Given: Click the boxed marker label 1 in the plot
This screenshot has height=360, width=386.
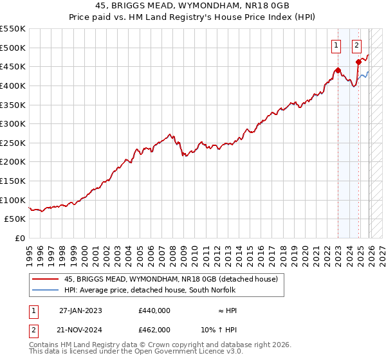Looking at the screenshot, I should tap(336, 45).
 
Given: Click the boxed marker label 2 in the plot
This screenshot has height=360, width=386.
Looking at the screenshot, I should tap(356, 45).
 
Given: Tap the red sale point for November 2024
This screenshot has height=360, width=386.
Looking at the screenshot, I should tap(358, 62).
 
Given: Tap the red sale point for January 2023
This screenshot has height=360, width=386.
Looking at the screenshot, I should tap(338, 71).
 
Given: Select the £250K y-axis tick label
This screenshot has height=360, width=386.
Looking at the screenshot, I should tap(13, 143).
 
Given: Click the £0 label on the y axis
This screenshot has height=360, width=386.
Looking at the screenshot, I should tap(19, 238).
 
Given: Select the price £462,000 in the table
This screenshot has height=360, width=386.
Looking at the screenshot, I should tap(154, 328).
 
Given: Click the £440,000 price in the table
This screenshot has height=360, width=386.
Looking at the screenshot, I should tap(154, 310).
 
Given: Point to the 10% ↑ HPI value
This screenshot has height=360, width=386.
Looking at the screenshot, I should tap(219, 328).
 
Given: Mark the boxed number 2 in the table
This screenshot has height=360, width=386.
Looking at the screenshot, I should tap(33, 328).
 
